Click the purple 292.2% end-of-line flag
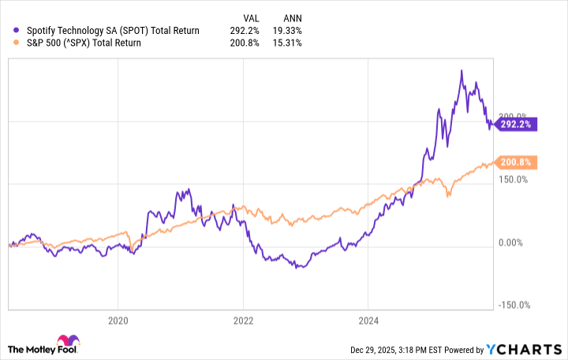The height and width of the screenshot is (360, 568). tap(518, 124)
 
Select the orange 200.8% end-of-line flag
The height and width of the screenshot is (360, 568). tap(518, 163)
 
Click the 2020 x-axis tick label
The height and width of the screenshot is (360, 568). tap(118, 321)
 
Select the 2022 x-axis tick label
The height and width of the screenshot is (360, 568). tap(243, 321)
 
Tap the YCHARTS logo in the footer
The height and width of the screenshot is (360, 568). tap(533, 350)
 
